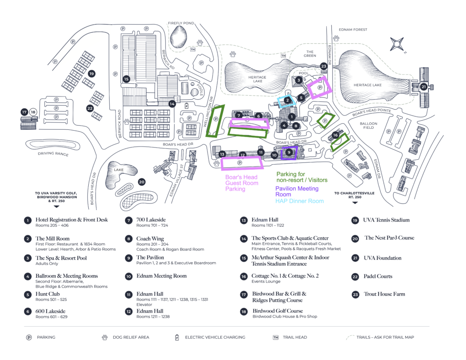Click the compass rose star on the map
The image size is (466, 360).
[397, 44]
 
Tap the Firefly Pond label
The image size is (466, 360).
[181, 23]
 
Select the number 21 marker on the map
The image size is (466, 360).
[424, 87]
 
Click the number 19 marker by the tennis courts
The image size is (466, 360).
[91, 74]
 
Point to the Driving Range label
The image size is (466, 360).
[53, 154]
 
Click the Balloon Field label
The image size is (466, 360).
[369, 126]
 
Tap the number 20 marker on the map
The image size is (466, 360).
[142, 182]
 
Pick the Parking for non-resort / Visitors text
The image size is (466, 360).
[302, 177]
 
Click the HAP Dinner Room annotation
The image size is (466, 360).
[299, 201]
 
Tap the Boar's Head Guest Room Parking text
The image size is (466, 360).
[242, 183]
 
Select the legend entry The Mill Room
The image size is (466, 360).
[53, 238]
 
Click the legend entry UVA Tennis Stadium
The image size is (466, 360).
[386, 220]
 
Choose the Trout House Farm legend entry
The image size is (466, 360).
[384, 294]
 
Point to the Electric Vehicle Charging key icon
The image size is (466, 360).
[177, 337]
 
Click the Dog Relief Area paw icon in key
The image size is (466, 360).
[105, 337]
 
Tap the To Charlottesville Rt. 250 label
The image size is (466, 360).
[354, 195]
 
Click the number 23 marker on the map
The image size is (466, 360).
[324, 66]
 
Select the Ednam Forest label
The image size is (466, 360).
[353, 30]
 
